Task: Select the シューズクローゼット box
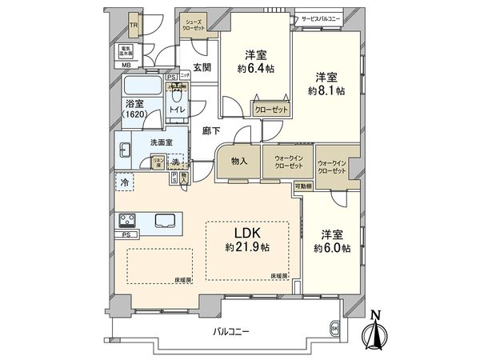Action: tap(192, 23)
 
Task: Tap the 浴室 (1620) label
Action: tap(134, 109)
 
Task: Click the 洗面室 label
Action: tap(162, 143)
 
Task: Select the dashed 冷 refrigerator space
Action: tap(125, 182)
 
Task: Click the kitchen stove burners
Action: tap(127, 220)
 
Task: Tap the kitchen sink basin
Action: tap(166, 220)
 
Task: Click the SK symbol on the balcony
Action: tap(334, 328)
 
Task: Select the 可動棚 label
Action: tap(302, 186)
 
